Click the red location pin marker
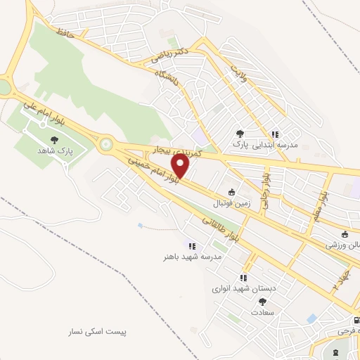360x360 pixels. tap(181, 166)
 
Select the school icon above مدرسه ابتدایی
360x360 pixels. tap(275, 134)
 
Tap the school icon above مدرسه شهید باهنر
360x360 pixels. tap(191, 245)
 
